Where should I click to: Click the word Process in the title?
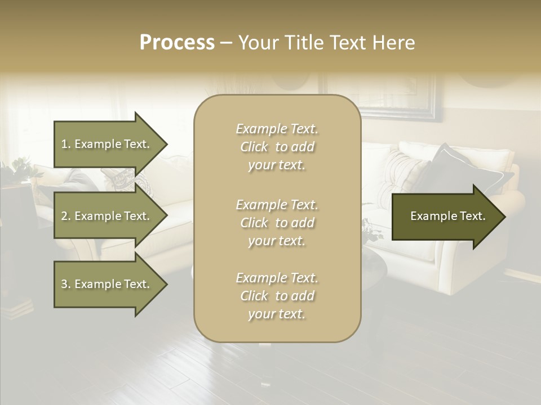click(x=177, y=43)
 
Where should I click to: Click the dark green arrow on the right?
click(x=445, y=216)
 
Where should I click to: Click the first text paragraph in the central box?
click(x=277, y=147)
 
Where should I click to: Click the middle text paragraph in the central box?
click(x=277, y=222)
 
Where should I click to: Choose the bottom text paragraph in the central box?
click(x=277, y=296)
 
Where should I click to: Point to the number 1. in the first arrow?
click(x=65, y=144)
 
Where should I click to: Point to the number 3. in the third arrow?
click(x=65, y=284)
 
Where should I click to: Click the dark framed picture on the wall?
click(x=383, y=98)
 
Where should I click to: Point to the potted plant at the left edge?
click(x=20, y=169)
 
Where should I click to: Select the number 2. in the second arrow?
click(x=65, y=216)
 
